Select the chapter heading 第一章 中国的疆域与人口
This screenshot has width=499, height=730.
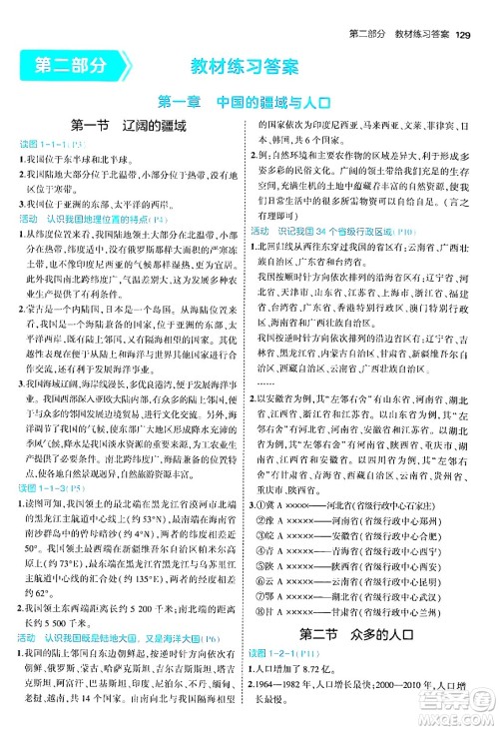coord(249,101)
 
